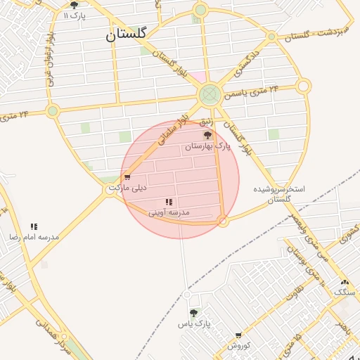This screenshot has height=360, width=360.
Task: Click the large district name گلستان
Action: [127, 35]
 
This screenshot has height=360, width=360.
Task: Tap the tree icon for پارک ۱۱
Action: [75, 6]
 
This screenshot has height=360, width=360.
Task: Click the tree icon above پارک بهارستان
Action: [207, 134]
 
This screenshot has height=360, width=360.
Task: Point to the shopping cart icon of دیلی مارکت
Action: [127, 177]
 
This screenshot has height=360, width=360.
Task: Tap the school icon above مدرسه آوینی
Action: [168, 202]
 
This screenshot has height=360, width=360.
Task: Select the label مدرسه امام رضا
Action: [34, 237]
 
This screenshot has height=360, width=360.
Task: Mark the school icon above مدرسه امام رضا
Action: [34, 226]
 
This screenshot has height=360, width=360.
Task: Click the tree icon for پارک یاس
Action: [193, 313]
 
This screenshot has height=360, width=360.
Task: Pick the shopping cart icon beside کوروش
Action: [238, 335]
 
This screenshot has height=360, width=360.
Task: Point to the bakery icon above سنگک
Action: [345, 282]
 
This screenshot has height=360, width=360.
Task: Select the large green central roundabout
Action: [209, 94]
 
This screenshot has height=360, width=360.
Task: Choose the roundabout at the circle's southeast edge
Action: [223, 221]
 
